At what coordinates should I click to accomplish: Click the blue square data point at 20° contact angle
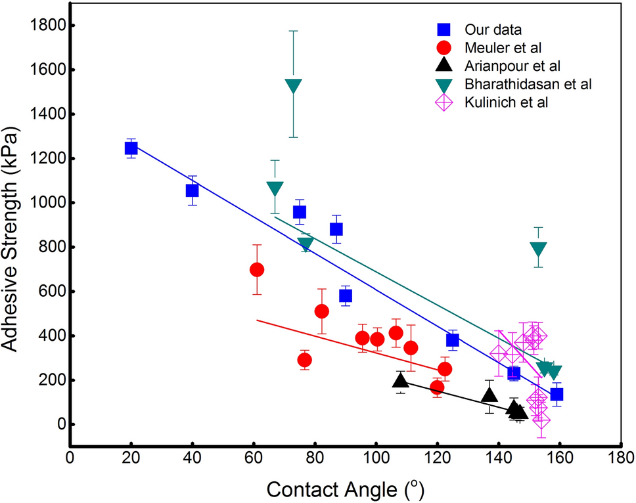(x=131, y=148)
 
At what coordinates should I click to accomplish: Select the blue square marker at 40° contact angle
(x=193, y=190)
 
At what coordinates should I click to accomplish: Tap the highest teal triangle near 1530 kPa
(x=294, y=86)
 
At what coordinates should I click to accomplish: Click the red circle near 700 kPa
(x=257, y=269)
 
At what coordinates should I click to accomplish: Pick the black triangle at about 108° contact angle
(x=401, y=381)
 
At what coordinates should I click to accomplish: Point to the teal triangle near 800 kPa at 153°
(x=539, y=249)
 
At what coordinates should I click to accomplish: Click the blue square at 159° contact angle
(x=556, y=394)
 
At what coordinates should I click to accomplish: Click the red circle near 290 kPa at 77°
(x=304, y=360)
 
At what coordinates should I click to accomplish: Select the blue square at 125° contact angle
(x=452, y=339)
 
